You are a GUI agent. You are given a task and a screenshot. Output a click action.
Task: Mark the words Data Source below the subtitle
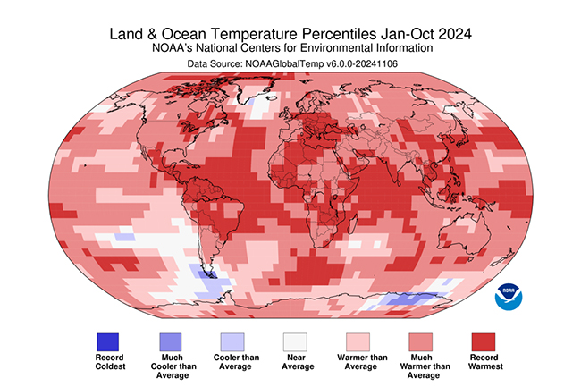tap(215, 64)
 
